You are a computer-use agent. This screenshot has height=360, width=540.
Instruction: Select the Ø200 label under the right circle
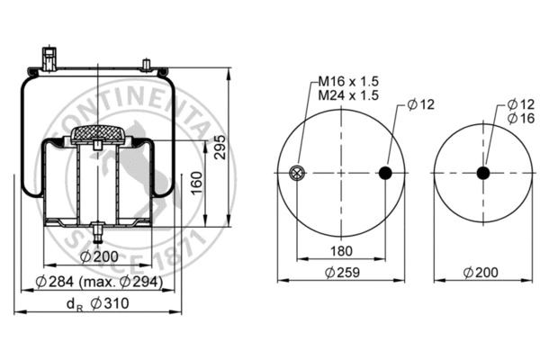pos(481,272)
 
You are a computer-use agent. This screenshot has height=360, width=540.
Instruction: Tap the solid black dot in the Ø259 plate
pos(386,174)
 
